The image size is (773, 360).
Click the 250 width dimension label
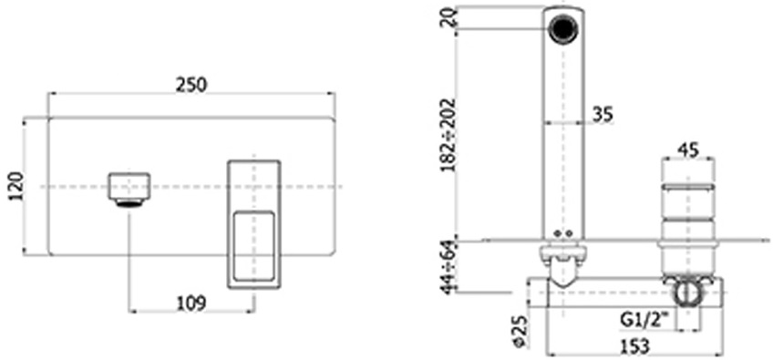pos(191,85)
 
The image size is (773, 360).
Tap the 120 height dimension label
pos(15,186)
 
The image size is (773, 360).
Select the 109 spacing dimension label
pos(191,303)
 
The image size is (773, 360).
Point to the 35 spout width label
pos(603,114)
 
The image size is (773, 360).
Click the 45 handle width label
pos(688,149)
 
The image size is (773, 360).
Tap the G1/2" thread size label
pos(647,321)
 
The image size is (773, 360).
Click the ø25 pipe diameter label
pos(518,332)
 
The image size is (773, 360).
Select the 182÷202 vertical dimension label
pos(448,134)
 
